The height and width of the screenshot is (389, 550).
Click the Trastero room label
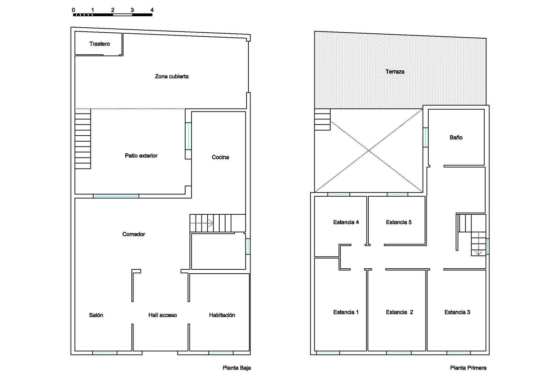(x=99, y=44)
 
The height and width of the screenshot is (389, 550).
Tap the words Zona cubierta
(x=172, y=76)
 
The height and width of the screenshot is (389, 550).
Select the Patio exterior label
(x=141, y=156)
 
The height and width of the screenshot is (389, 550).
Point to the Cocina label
(x=220, y=157)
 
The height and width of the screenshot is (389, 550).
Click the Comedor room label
(x=133, y=234)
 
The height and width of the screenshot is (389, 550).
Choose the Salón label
(x=96, y=315)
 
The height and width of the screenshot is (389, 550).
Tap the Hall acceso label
(x=163, y=315)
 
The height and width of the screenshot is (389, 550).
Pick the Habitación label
(x=222, y=315)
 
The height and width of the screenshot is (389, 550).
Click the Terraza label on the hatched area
(x=395, y=72)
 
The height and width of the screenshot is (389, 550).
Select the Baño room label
(x=456, y=137)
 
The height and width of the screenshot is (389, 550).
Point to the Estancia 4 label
(x=346, y=222)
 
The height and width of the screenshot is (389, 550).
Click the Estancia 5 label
(x=399, y=222)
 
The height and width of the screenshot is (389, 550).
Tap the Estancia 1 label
(x=346, y=312)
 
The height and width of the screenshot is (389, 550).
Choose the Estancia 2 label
(x=400, y=312)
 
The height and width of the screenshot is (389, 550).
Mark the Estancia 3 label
(x=457, y=312)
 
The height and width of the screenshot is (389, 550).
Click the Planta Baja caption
(x=237, y=368)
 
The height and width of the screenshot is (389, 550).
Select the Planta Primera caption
(x=468, y=368)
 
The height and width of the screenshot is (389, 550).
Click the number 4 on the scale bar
(x=152, y=10)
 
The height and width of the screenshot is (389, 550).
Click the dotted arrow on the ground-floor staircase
(x=202, y=223)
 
